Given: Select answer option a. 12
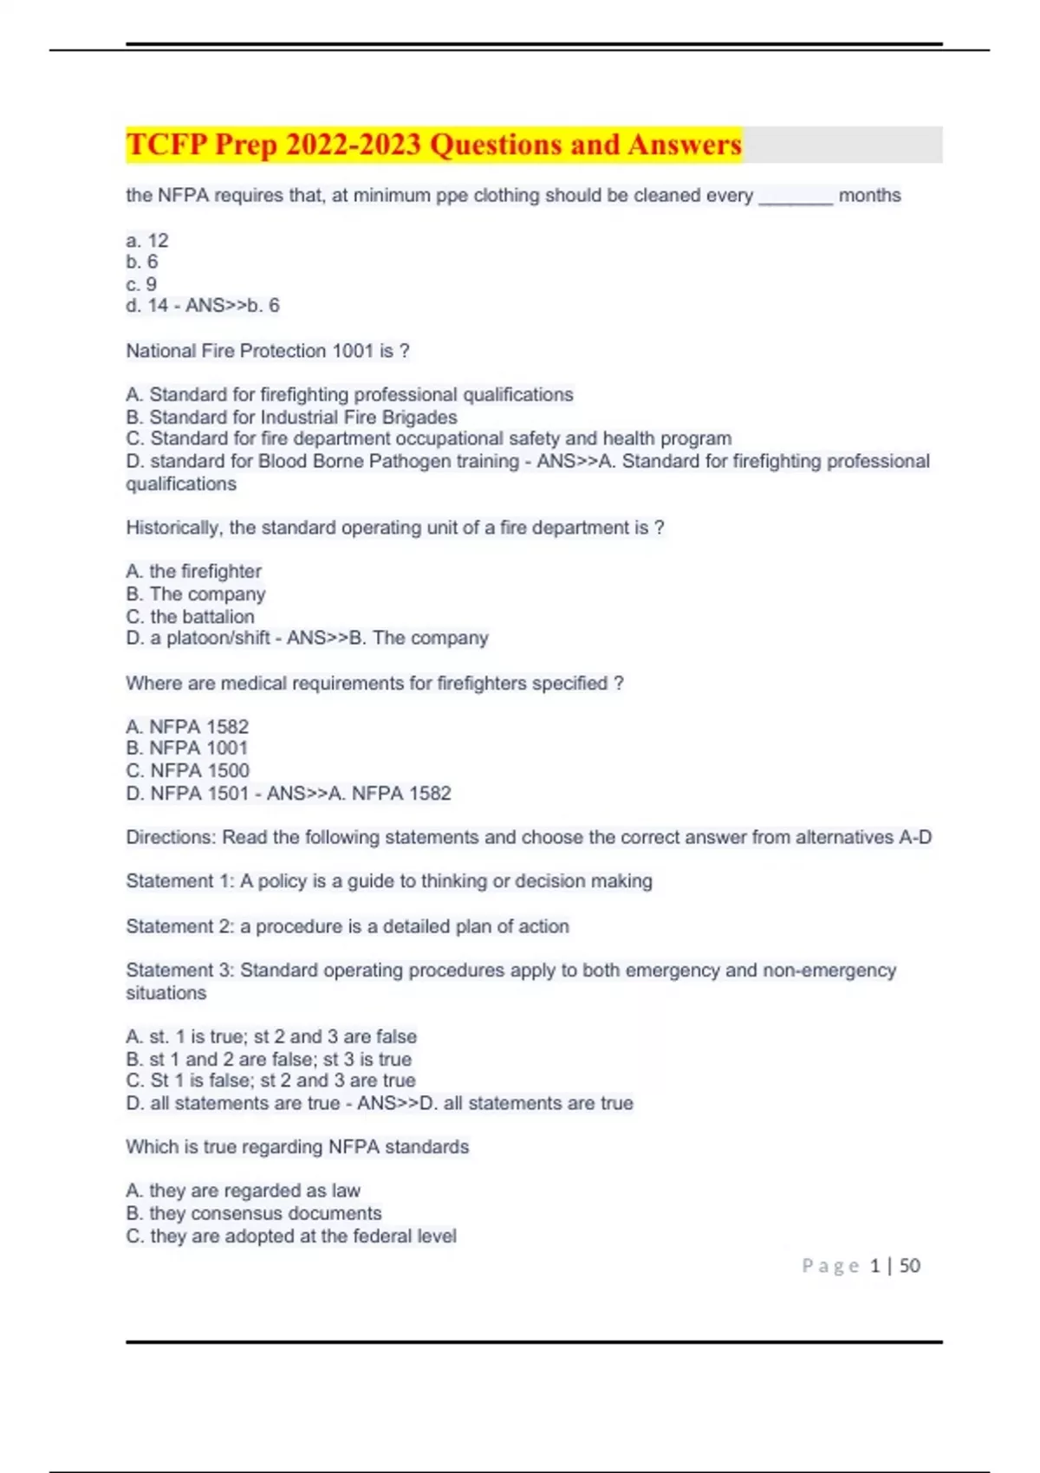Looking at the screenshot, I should point(147,240).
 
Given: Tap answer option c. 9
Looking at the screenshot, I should point(141,284).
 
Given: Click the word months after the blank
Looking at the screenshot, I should point(869,196).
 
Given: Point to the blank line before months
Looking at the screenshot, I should point(796,199).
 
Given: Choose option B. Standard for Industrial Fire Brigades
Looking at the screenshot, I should point(291,417).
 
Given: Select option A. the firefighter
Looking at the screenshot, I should point(193,571).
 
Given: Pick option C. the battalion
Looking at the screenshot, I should point(191,616).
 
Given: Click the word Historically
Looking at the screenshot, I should point(172,528).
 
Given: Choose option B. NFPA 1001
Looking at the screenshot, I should point(187,748).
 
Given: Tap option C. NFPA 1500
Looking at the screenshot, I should point(187,770).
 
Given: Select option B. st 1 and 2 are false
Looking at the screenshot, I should point(269,1059).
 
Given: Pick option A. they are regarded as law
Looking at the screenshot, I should point(243,1191).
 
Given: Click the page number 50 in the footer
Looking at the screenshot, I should point(909,1266).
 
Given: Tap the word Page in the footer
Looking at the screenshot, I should point(830,1266).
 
